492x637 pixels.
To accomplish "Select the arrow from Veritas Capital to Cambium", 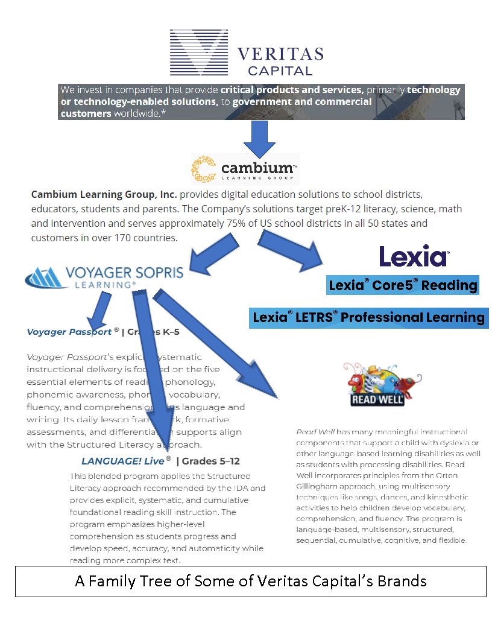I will point(259,140).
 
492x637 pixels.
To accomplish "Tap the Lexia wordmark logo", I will point(414,256).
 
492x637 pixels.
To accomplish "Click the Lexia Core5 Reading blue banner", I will point(403,285).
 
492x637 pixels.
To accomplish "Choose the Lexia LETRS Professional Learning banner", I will point(368,317).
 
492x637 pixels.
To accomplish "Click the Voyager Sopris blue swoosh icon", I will point(48,277).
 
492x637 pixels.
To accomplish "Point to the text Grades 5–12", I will point(211,461).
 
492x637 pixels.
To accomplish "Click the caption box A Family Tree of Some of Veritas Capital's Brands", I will point(250,581).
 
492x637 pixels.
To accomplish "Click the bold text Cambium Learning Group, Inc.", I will point(104,195).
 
